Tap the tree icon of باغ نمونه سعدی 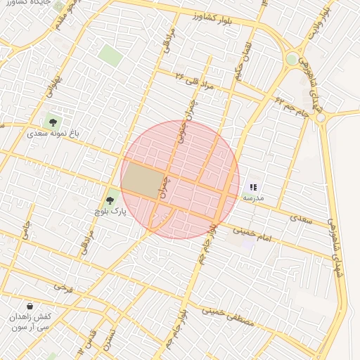53,122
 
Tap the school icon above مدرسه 253,188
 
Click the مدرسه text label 253,198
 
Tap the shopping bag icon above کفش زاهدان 30,307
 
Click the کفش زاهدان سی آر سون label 30,322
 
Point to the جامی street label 26,229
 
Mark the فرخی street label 64,288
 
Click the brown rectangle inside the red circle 143,180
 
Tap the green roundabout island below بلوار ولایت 292,59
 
